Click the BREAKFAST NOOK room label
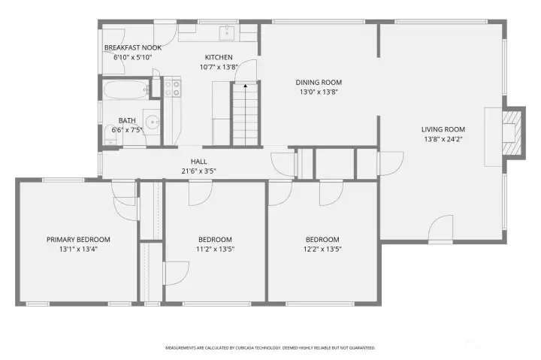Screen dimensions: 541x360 [133, 47]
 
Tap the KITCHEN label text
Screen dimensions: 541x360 [219, 57]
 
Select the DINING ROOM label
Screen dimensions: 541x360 [319, 83]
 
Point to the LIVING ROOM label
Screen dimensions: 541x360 [443, 129]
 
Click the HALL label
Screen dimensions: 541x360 [198, 162]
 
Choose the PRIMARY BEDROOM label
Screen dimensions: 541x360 [78, 240]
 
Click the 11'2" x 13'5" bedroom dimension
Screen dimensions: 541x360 [216, 250]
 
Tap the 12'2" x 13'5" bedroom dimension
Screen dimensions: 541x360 [322, 250]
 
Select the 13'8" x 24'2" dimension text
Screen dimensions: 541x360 [443, 139]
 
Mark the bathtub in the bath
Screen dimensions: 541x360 [126, 90]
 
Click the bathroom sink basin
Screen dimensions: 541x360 [152, 123]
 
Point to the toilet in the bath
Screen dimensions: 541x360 [110, 135]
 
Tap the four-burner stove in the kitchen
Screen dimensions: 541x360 [172, 88]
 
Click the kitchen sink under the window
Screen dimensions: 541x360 [227, 33]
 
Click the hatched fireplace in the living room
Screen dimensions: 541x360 [512, 133]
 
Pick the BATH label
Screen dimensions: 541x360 [127, 120]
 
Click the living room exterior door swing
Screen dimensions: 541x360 [440, 227]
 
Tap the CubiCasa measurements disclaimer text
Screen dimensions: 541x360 [270, 348]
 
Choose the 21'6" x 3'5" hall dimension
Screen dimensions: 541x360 [198, 171]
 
